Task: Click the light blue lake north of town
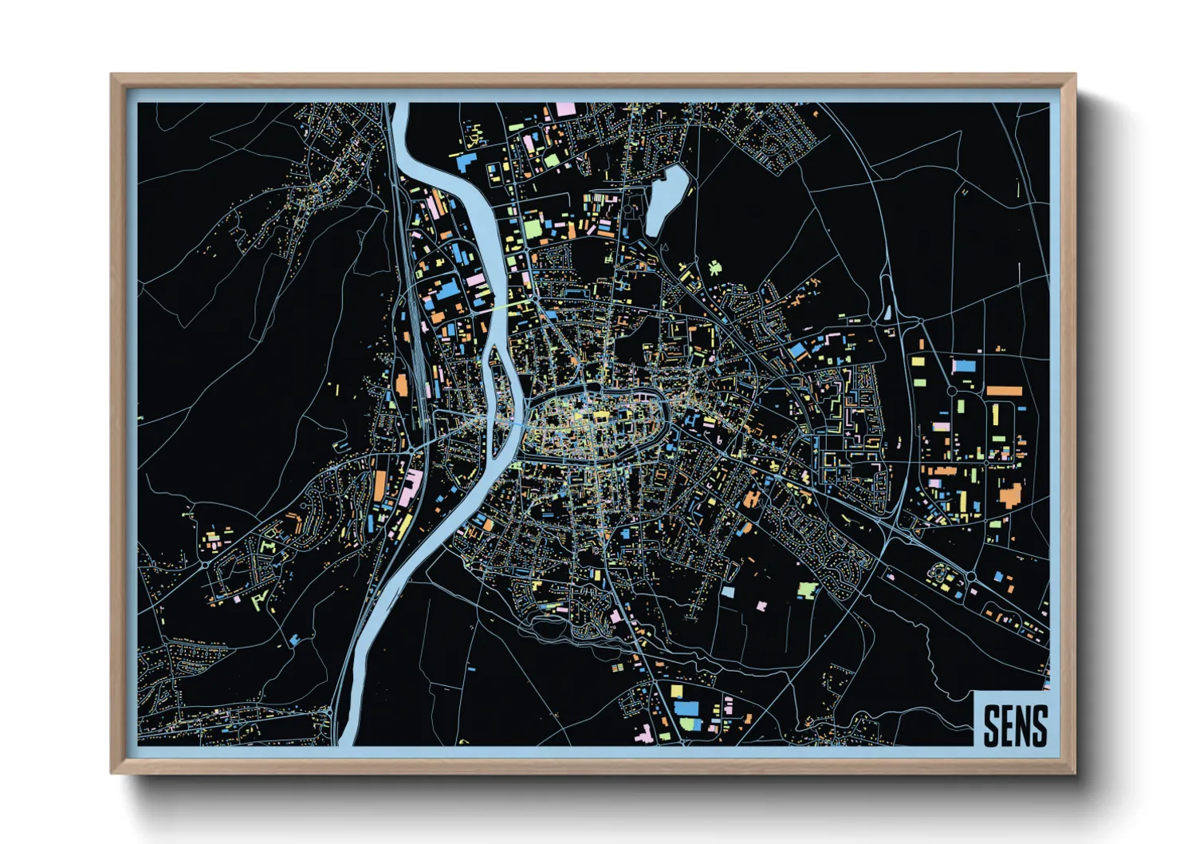pos(666,199)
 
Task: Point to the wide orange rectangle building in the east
pos(1004,391)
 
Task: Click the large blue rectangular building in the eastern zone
pos(964,366)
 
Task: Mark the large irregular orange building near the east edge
pos(1010,495)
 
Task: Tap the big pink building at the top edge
pos(565,108)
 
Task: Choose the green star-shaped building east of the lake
pos(714,267)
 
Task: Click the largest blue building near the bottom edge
pos(686,708)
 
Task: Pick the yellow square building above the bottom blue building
pos(677,691)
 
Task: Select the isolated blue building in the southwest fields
pos(297,638)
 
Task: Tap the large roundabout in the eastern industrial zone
pos(951,391)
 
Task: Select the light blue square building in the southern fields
pos(727,592)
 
